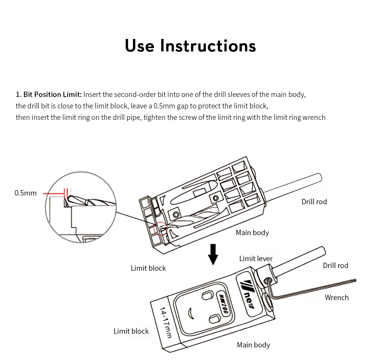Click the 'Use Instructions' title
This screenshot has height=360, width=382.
click(190, 46)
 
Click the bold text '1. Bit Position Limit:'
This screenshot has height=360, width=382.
click(49, 94)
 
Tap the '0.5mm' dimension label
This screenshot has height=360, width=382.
click(26, 193)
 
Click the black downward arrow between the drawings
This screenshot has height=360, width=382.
click(213, 254)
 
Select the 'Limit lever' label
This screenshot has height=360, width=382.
click(256, 258)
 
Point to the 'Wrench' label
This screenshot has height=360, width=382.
click(337, 297)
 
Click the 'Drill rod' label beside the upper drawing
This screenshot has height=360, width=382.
click(314, 202)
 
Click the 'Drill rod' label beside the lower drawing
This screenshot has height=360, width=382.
click(335, 265)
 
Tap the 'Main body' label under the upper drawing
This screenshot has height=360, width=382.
click(252, 233)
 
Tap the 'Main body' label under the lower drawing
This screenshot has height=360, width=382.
click(253, 345)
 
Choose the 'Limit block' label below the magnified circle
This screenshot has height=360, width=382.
click(148, 268)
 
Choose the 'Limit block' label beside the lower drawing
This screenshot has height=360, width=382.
click(131, 331)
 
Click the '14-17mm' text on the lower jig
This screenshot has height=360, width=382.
click(166, 323)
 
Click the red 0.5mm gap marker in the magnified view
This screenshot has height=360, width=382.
click(66, 193)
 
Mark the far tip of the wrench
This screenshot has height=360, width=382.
click(355, 281)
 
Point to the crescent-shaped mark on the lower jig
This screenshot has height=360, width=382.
click(191, 313)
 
